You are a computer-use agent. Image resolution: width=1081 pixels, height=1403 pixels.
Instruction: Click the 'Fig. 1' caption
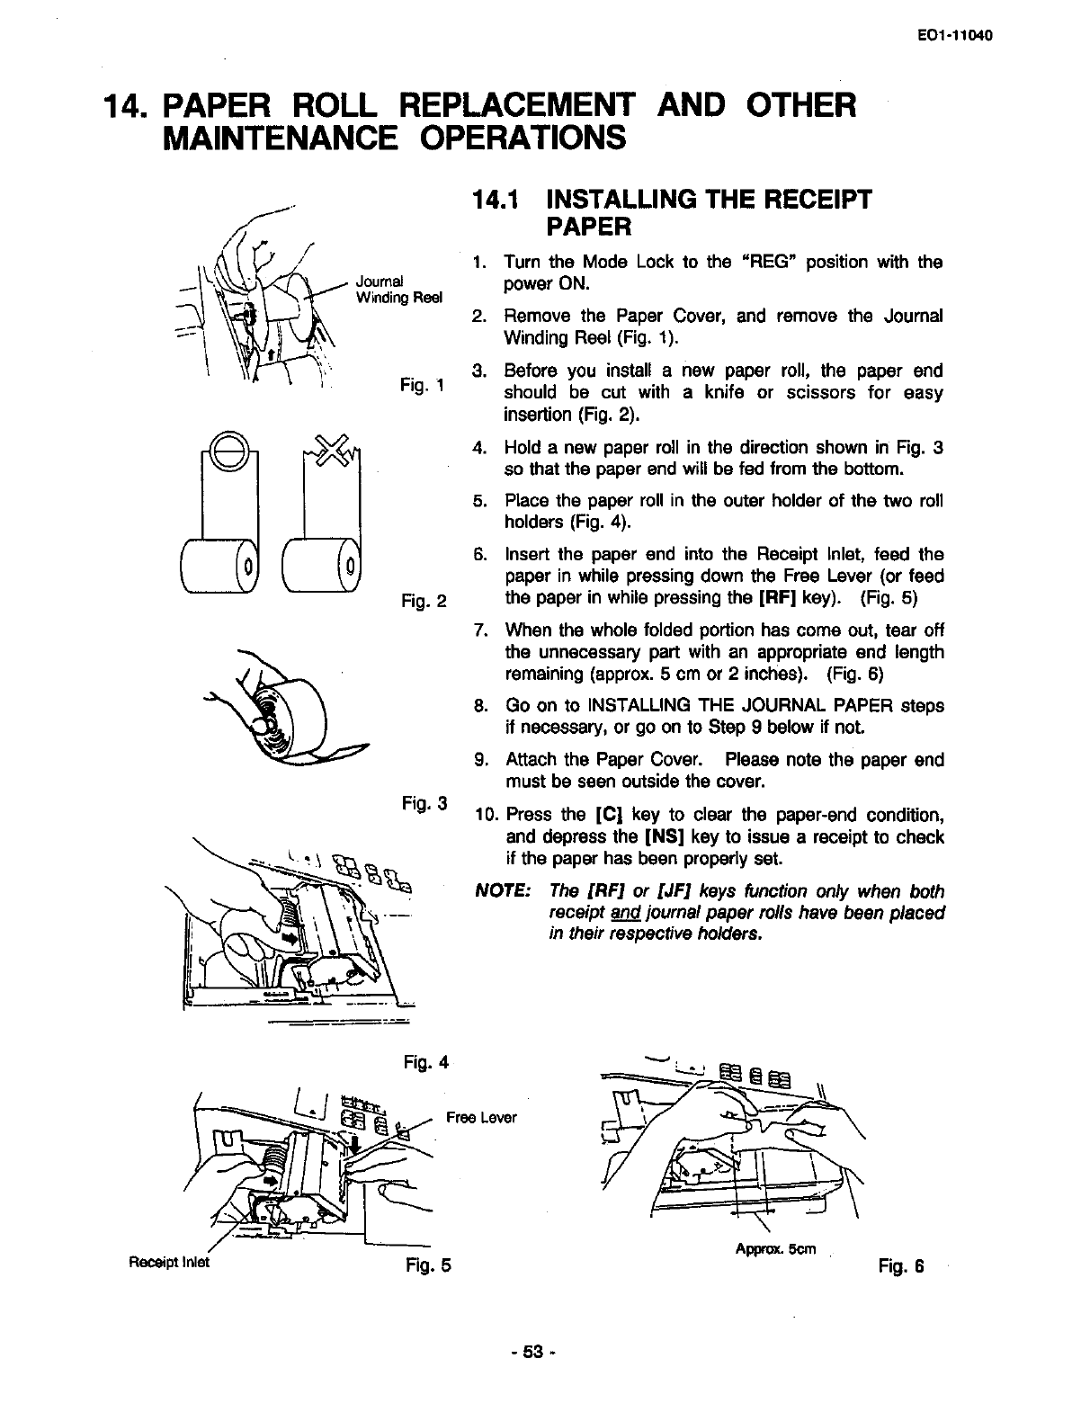coord(424,386)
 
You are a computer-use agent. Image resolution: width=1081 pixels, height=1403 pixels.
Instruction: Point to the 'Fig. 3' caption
coord(425,801)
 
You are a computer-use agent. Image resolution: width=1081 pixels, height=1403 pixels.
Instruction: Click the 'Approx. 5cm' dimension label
coord(775,1249)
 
